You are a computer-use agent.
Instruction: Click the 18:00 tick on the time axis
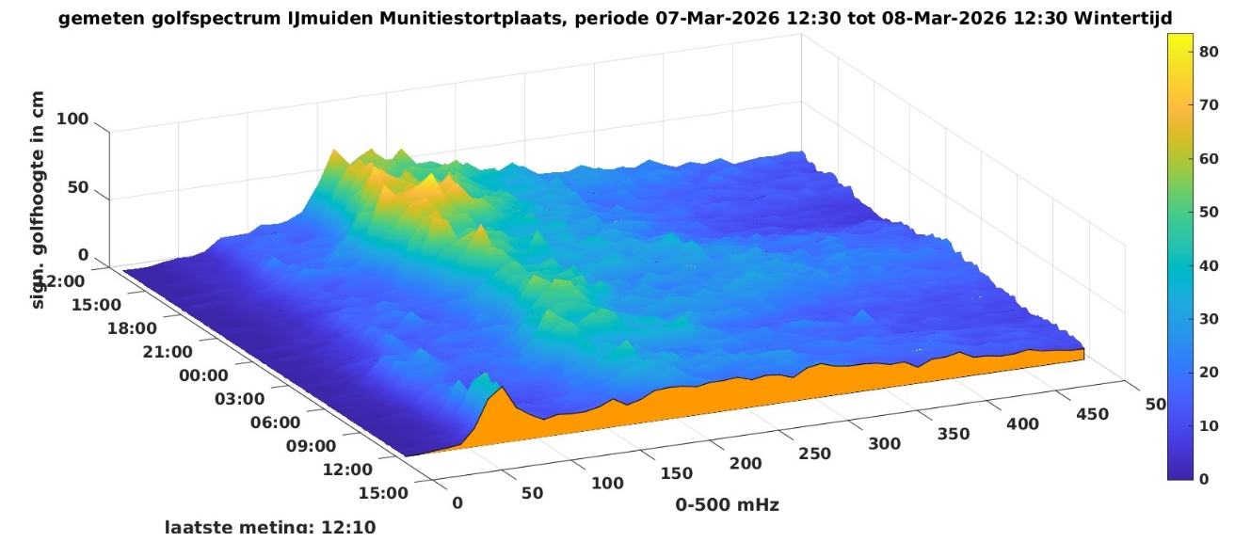click(132, 328)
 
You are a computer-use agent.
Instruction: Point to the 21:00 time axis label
click(168, 352)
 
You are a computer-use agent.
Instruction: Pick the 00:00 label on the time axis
click(203, 375)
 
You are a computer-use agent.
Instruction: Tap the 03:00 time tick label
click(239, 399)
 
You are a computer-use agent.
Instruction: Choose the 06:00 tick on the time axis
click(275, 422)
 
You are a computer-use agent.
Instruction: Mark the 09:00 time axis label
click(311, 446)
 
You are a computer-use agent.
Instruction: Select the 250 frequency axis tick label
click(814, 454)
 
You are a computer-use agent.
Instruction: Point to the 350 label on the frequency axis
click(953, 434)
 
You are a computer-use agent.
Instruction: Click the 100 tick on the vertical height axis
click(72, 120)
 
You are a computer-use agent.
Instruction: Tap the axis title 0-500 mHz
click(727, 505)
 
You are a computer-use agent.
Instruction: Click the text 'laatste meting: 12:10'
click(270, 527)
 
